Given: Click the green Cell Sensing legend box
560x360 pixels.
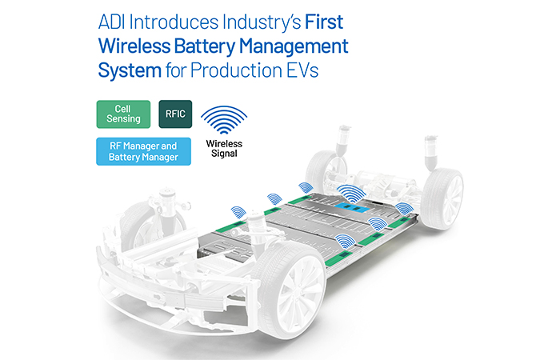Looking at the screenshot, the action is pos(123,114).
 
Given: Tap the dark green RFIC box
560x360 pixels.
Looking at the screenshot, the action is pos(175,114).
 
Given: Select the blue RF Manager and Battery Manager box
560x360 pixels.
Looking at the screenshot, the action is pos(143,151).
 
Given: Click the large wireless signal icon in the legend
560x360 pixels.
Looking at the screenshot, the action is pos(224,120).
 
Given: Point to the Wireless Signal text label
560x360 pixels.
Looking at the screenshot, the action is pos(224,149).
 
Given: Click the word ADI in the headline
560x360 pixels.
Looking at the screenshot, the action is pos(111,22).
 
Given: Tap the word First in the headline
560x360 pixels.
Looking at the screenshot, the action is pos(324,22).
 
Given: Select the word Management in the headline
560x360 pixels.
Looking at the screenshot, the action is pos(294,46).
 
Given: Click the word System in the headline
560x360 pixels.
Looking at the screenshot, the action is pos(130,70).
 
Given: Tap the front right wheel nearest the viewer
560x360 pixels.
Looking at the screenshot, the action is pos(288,290).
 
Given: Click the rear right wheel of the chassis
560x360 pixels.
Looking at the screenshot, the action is pos(442,198).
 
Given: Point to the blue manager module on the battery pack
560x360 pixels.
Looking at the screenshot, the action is pos(352,207).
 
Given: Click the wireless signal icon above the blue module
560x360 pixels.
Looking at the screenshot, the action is pos(352,194).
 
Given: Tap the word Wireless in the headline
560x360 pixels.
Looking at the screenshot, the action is pos(134,46).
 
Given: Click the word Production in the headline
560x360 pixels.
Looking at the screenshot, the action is pos(236,70).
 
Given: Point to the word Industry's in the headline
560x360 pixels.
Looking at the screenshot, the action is pos(262,23).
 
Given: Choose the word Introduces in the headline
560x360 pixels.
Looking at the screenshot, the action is pos(174,22).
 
